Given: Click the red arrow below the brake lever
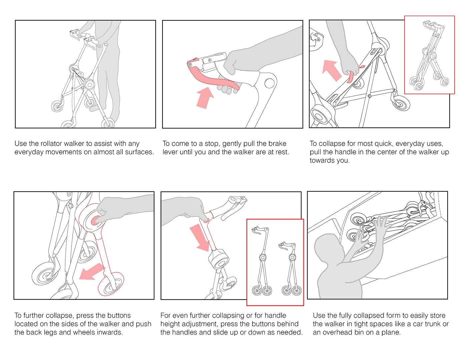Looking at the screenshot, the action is pos(204,98).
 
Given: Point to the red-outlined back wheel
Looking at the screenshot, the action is pos(111,284).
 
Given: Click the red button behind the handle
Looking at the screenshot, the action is pos(206,220).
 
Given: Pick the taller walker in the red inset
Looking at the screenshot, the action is pos(262,261).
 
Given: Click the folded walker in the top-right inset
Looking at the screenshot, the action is pos(429,56).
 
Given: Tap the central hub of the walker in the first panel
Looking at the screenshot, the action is pos(89,84).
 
